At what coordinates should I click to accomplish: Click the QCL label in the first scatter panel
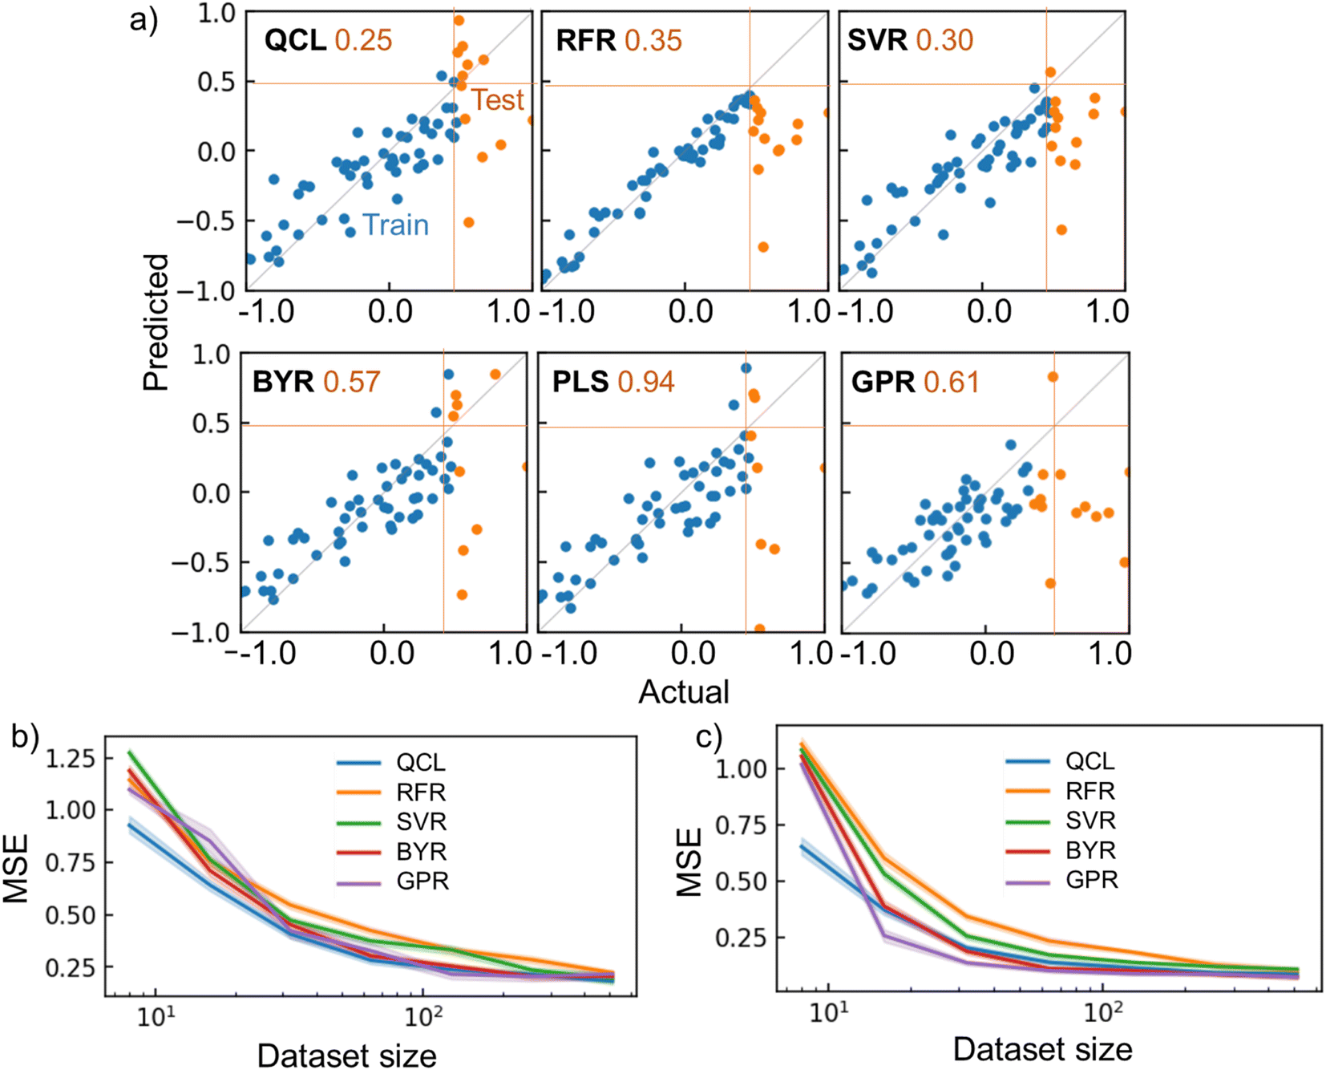294,40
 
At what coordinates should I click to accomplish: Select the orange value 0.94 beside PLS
646,382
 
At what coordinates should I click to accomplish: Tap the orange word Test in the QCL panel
497,100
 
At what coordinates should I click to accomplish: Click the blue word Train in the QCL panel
395,225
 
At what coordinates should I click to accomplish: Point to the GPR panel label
883,382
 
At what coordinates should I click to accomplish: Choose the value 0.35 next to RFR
653,40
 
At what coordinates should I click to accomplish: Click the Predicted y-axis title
156,322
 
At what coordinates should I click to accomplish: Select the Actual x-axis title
683,691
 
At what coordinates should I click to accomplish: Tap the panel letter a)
144,20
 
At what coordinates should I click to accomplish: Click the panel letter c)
709,736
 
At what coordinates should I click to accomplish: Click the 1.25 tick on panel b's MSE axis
71,758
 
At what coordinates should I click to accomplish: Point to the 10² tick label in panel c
1103,1013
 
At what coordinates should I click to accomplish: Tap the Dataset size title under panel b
346,1056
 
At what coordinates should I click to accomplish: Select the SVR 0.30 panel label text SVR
877,40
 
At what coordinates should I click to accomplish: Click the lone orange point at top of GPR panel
1053,377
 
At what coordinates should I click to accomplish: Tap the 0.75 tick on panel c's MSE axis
740,825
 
